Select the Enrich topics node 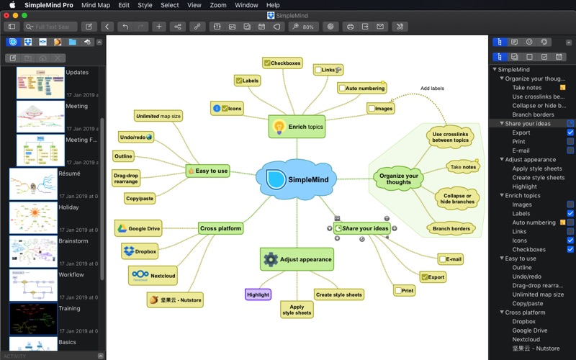[x=297, y=127]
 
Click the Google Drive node [x=138, y=228]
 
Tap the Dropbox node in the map [x=140, y=251]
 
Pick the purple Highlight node [x=258, y=294]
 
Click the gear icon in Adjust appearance [x=271, y=259]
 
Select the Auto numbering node [x=361, y=88]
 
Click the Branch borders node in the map [x=451, y=229]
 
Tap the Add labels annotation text [x=432, y=89]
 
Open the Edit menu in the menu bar [x=124, y=5]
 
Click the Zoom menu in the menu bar [x=218, y=5]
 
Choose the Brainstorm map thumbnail [x=33, y=252]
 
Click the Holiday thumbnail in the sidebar [x=33, y=218]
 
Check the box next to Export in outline [x=570, y=132]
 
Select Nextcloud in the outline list [x=526, y=339]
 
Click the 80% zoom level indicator [x=304, y=27]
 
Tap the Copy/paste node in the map [x=139, y=198]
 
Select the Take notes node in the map [x=463, y=167]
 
